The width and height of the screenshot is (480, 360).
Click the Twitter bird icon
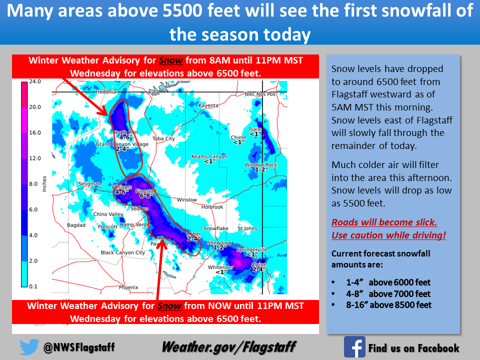click(29, 346)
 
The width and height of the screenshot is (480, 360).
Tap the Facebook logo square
click(354, 347)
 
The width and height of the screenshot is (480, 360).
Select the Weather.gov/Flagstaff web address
click(228, 347)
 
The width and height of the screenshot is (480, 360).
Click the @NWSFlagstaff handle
click(79, 347)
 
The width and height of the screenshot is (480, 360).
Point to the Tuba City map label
click(164, 138)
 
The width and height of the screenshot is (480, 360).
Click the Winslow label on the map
click(186, 200)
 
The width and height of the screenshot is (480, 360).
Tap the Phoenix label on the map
click(128, 287)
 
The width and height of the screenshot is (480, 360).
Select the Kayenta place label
click(208, 105)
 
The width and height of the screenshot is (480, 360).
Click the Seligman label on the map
click(89, 183)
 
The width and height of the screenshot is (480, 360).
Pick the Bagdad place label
click(76, 225)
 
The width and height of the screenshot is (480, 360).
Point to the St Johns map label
click(247, 228)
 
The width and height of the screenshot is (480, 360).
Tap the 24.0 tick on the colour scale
click(35, 81)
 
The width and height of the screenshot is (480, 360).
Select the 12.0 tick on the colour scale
click(35, 158)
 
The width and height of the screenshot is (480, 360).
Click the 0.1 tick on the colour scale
click(33, 286)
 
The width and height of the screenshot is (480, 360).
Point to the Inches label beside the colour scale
click(44, 183)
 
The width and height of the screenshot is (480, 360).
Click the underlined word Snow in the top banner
click(171, 60)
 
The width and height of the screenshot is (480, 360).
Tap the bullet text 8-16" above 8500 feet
click(389, 305)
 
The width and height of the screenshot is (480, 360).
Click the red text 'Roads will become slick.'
click(384, 222)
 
